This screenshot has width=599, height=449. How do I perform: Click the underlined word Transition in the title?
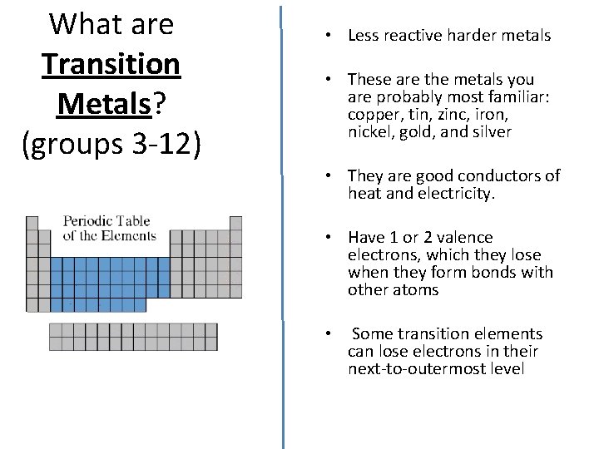click(111, 63)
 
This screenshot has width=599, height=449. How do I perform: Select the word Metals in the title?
click(105, 104)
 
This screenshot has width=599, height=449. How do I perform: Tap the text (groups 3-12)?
click(111, 144)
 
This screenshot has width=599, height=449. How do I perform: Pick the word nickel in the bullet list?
click(369, 132)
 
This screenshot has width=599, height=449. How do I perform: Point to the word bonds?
click(498, 272)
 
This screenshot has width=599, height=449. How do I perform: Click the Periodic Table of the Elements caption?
click(109, 229)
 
